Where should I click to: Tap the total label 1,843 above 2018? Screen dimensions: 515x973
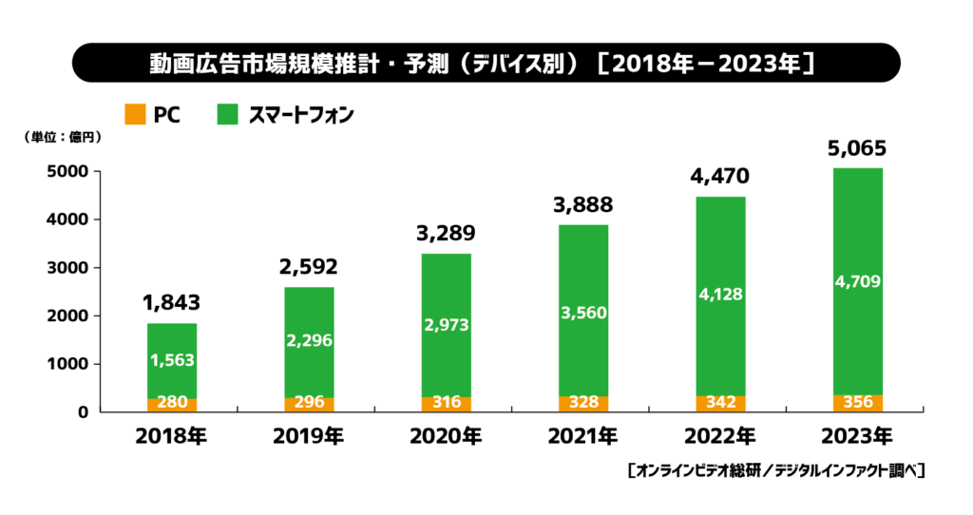pos(172,303)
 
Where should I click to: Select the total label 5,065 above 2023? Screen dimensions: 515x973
pos(857,148)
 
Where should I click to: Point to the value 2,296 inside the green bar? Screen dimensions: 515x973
pos(309,341)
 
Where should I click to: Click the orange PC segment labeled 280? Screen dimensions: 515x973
pos(172,403)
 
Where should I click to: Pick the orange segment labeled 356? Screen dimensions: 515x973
pos(857,402)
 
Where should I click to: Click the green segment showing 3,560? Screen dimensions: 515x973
pos(582,314)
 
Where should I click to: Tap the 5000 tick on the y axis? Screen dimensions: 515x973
pos(69,172)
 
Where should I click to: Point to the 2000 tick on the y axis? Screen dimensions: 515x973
pos(69,315)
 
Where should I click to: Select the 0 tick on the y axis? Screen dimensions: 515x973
pos(84,411)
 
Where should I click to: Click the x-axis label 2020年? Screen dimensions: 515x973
pos(446,437)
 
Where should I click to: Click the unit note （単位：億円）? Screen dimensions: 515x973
pos(63,137)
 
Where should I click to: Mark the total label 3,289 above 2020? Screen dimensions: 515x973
pos(446,234)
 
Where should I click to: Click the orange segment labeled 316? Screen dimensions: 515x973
pos(446,402)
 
